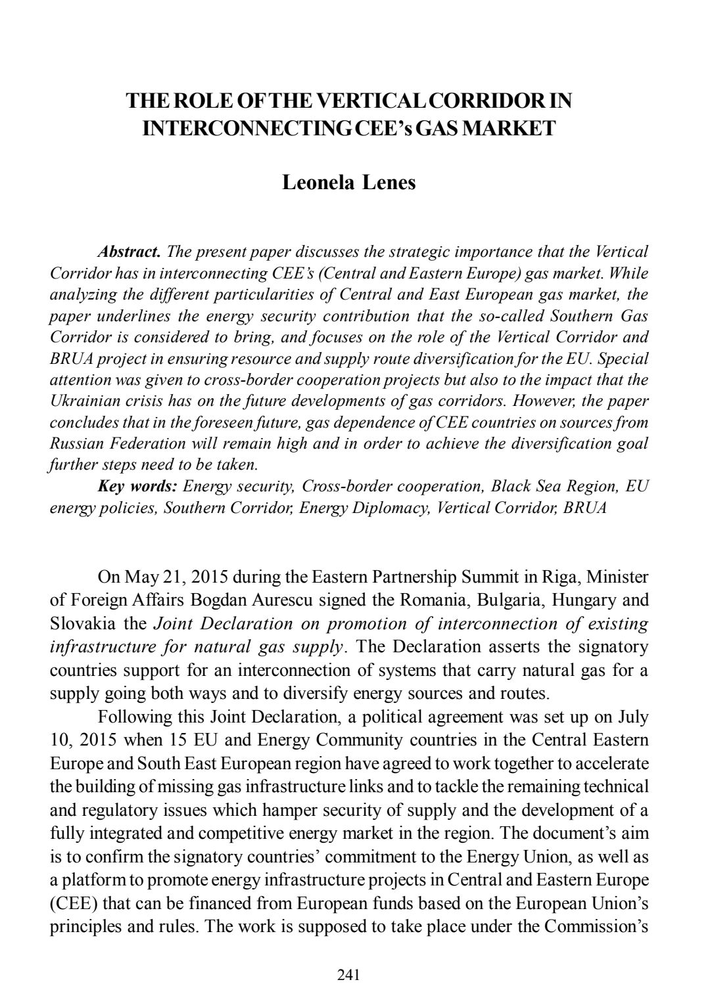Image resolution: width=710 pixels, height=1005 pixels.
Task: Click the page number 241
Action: coord(348,975)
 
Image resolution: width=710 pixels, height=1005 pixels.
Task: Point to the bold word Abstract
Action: coord(129,252)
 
